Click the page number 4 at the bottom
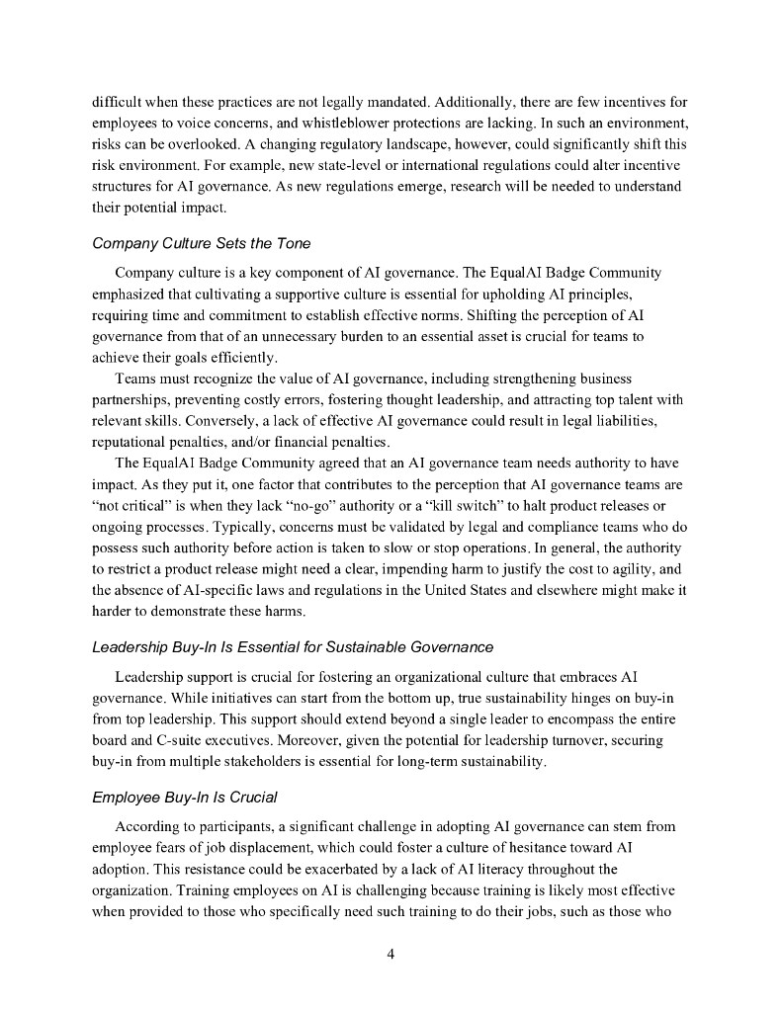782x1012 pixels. pyautogui.click(x=391, y=954)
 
